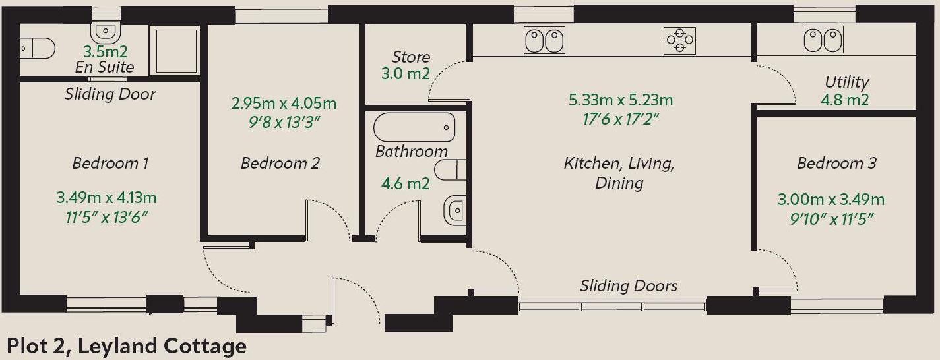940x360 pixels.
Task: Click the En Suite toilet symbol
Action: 37,48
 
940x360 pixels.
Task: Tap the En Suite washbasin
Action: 106,32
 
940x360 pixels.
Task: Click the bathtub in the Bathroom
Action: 414,127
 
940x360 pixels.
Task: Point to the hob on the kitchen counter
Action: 679,40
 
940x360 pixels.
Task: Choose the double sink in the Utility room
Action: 823,40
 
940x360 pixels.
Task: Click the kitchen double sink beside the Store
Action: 544,40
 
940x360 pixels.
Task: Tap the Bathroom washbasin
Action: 455,210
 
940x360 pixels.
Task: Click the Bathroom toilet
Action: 451,170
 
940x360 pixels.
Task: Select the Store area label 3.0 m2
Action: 406,74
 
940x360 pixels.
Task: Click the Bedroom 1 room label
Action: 110,164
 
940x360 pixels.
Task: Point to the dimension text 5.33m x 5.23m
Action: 621,100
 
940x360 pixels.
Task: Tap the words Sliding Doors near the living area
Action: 629,286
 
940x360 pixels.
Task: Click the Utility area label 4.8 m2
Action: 845,100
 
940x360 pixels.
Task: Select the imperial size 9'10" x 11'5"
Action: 831,220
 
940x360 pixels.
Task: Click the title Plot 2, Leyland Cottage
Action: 127,347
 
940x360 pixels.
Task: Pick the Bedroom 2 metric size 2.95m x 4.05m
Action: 284,104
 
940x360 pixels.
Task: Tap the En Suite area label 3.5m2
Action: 105,51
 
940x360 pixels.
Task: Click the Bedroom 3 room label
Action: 837,164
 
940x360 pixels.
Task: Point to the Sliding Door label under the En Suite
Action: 110,94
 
